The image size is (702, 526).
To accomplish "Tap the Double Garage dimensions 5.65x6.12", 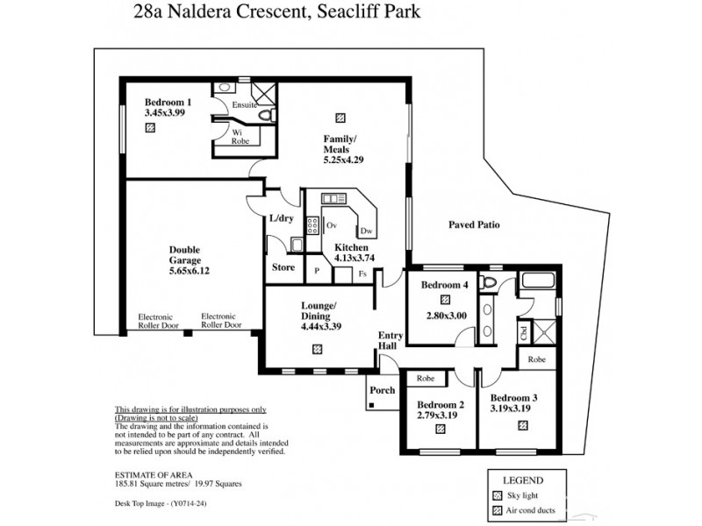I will [184, 271].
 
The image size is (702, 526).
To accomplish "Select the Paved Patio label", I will [474, 224].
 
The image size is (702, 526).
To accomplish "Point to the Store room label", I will [283, 267].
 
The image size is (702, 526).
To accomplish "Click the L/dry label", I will [281, 217].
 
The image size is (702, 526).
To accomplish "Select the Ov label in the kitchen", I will [332, 225].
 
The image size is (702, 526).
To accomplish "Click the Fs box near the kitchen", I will [362, 274].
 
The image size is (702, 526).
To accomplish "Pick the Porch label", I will [383, 390].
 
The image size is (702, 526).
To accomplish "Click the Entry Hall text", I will [390, 341].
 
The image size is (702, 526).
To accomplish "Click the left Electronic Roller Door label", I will [155, 320].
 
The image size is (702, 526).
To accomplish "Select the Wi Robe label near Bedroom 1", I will [238, 135].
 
